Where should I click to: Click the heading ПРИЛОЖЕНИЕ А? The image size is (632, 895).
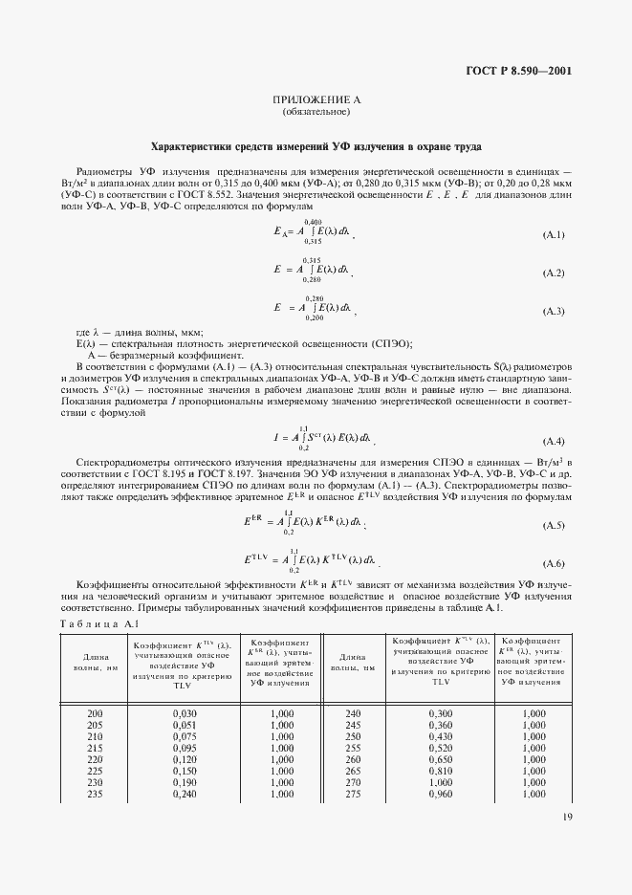click(316, 100)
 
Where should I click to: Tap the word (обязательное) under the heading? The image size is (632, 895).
click(316, 113)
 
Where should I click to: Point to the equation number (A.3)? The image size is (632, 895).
click(554, 312)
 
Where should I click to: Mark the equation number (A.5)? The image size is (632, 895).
click(554, 526)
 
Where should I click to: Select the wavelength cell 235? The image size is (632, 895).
click(95, 794)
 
